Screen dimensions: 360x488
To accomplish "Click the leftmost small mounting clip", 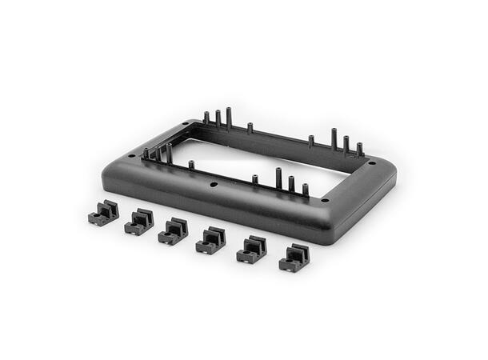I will pos(103,214).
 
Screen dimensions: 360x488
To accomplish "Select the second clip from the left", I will pos(138,222).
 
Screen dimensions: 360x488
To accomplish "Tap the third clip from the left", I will pos(173,231).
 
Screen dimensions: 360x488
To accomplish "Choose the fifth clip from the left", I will pos(251,250).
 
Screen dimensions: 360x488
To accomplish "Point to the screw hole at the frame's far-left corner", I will pos(131,156).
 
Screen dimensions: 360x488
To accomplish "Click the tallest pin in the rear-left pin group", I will pos(229,118).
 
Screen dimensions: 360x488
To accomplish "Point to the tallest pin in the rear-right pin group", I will pos(334,138).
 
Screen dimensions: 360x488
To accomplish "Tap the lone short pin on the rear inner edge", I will pos(250,128).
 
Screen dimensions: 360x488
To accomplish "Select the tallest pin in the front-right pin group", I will pos(278,178).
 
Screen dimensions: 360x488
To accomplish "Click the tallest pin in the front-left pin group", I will pos(169,154).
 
